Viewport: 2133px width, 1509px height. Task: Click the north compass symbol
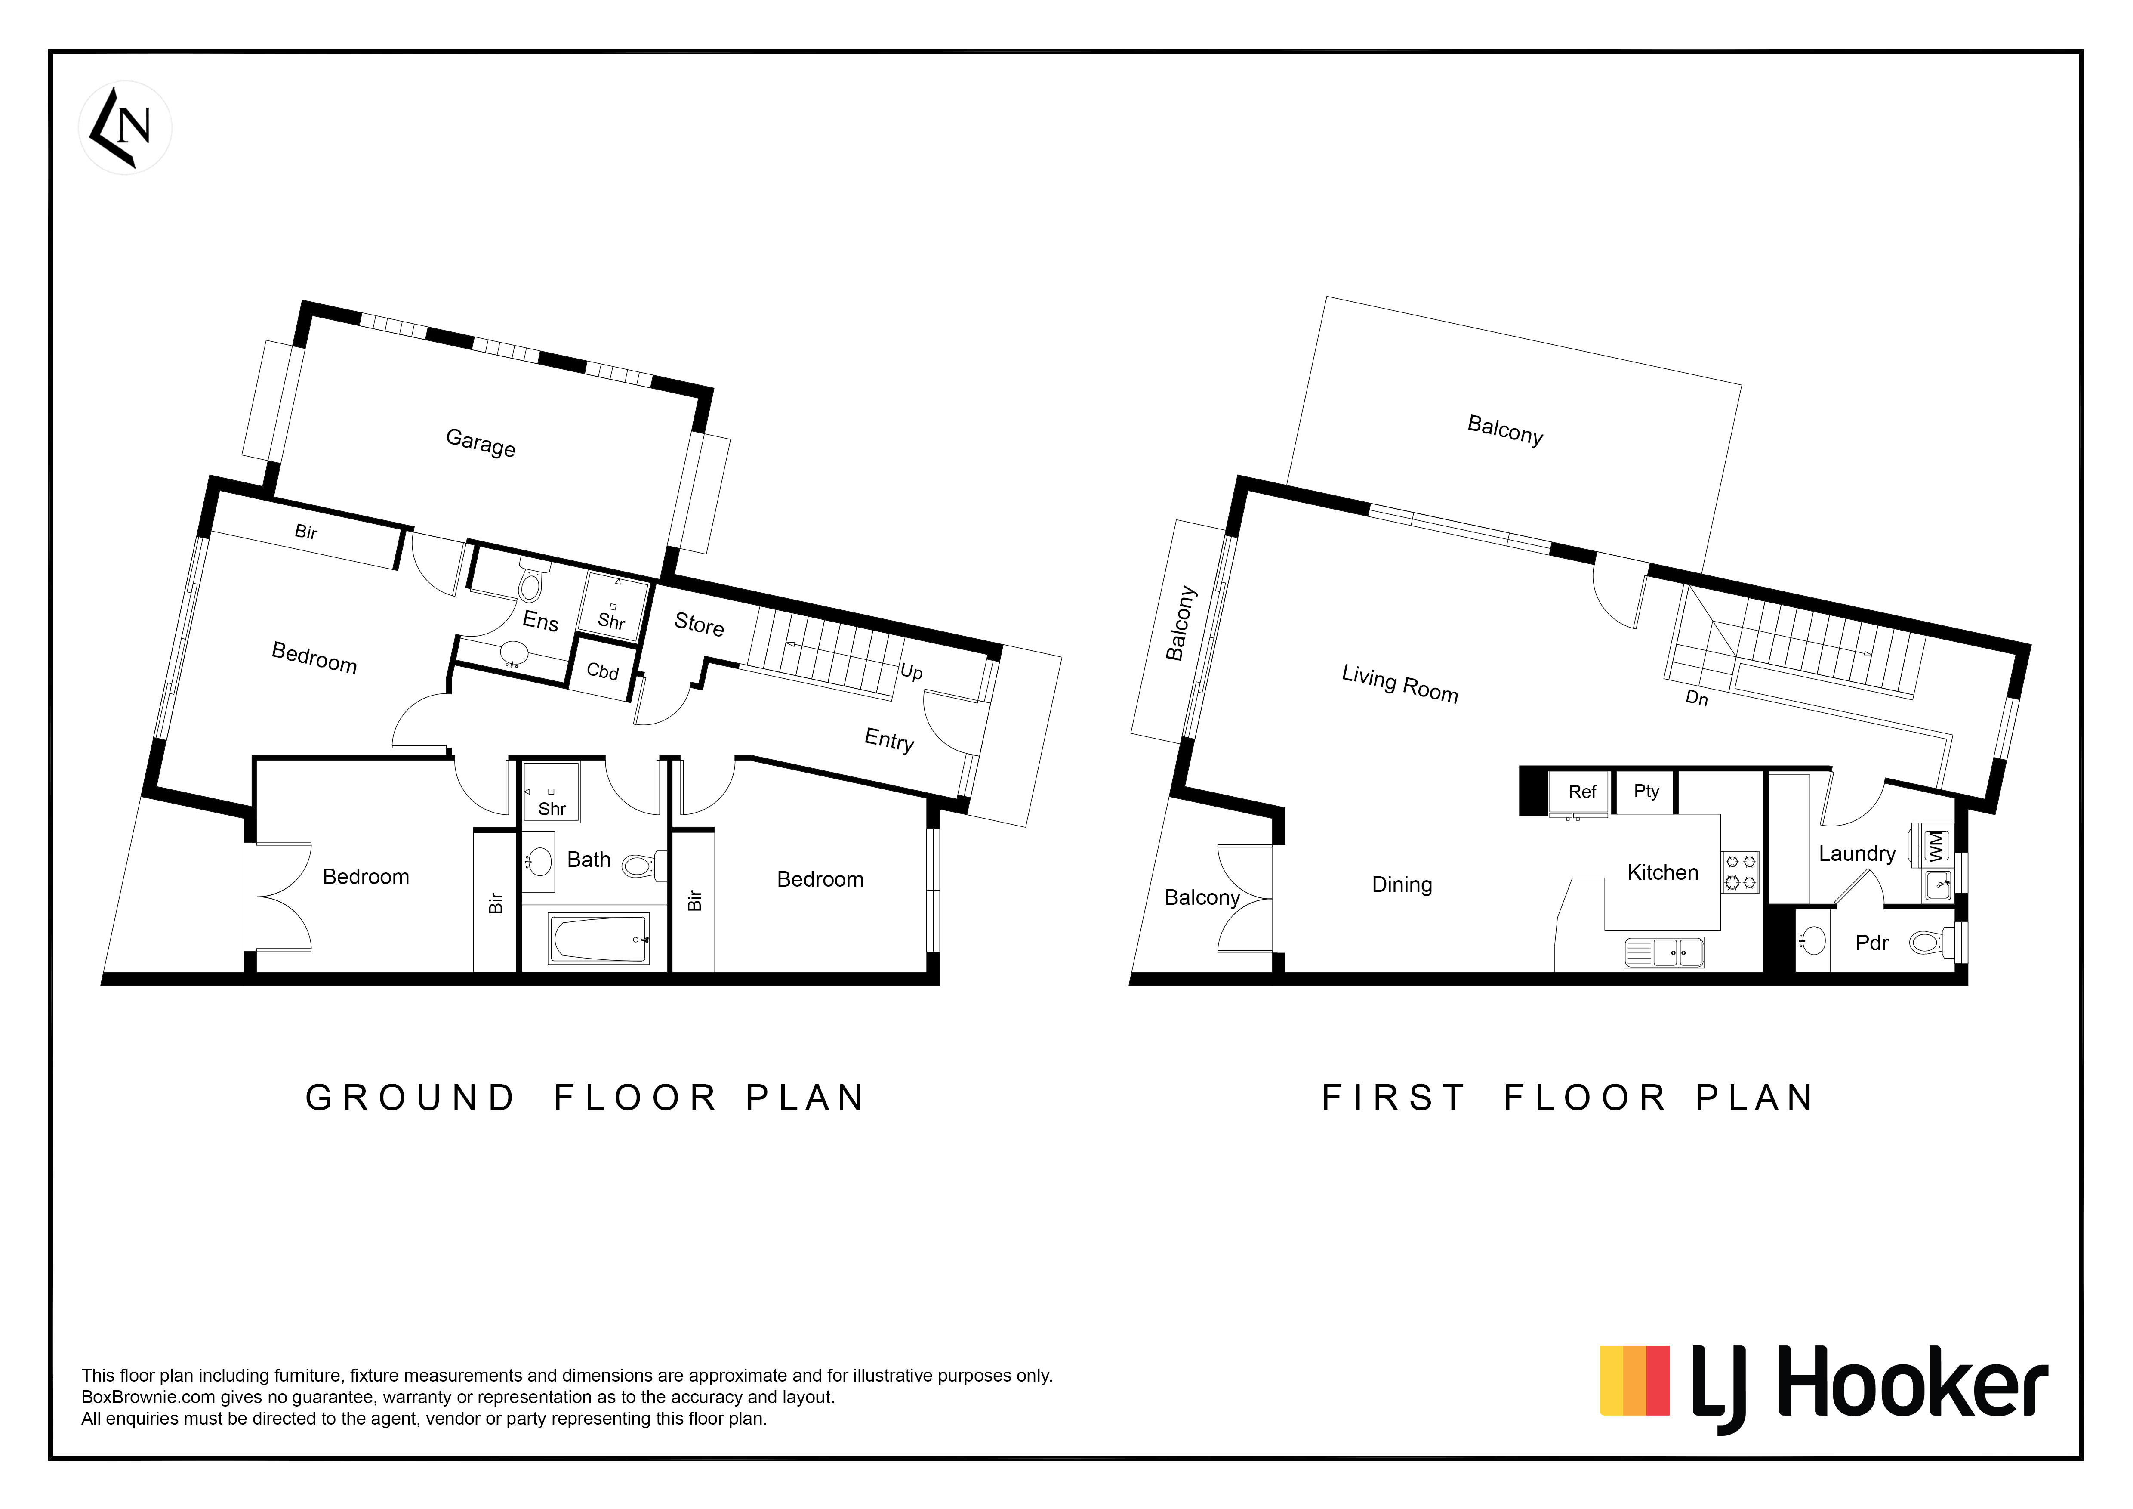[126, 127]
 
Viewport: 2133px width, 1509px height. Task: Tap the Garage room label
[480, 442]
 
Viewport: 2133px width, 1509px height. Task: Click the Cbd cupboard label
[602, 671]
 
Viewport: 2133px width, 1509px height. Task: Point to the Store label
[699, 625]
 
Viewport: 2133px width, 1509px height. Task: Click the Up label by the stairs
[911, 671]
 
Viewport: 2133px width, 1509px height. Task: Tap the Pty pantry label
[1646, 791]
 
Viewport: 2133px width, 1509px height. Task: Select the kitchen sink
[1664, 952]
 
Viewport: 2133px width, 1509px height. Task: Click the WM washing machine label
[1935, 847]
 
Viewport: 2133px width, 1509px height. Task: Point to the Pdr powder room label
[1872, 943]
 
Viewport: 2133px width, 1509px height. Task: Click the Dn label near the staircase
[1696, 698]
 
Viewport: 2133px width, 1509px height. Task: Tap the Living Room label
[1399, 684]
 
